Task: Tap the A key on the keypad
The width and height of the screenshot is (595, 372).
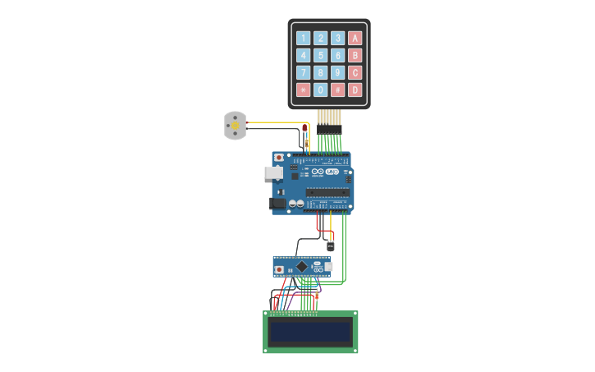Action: click(x=355, y=38)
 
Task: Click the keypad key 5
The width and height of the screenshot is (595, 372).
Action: click(x=320, y=55)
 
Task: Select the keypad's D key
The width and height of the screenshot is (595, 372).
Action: click(x=355, y=90)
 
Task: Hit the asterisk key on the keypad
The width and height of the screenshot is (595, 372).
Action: click(x=303, y=90)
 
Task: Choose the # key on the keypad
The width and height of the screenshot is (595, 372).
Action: click(x=337, y=90)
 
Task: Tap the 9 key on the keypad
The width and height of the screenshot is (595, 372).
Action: click(x=337, y=72)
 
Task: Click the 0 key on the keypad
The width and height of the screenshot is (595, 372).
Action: click(x=320, y=90)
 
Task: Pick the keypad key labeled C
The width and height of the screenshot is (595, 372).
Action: click(x=355, y=72)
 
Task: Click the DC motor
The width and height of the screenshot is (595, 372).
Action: click(x=235, y=126)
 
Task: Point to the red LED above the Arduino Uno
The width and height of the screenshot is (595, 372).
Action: click(x=304, y=128)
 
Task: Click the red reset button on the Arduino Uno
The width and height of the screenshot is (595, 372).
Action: click(x=279, y=157)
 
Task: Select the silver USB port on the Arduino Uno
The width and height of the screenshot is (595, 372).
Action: click(x=273, y=173)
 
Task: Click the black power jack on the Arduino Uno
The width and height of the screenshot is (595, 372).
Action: click(x=277, y=203)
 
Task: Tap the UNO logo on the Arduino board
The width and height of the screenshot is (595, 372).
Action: click(x=332, y=172)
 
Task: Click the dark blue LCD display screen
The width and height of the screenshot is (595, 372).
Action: click(x=310, y=332)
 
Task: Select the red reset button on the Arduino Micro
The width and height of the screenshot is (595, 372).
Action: click(x=280, y=269)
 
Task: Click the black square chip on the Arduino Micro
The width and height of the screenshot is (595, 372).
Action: click(x=302, y=266)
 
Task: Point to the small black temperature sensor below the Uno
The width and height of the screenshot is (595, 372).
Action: click(x=331, y=246)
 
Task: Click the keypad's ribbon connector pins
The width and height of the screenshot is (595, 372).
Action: click(x=328, y=118)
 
